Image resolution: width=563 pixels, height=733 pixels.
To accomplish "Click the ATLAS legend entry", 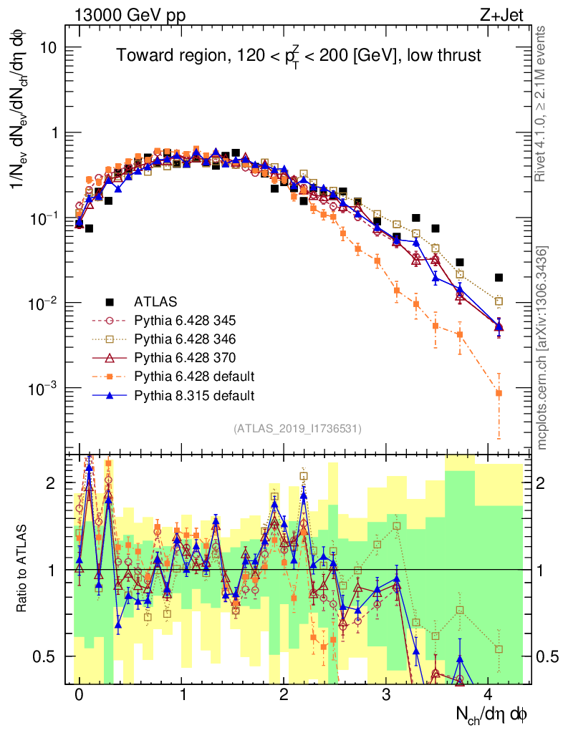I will [155, 301].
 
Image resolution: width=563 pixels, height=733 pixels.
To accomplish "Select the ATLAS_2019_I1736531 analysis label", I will [297, 429].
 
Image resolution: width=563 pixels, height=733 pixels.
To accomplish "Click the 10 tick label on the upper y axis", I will [51, 48].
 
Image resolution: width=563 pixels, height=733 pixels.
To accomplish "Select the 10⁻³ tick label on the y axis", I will [46, 388].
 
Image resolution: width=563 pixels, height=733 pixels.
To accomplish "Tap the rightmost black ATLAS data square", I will [499, 278].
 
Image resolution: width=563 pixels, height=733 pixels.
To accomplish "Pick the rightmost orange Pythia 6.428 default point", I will [499, 393].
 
